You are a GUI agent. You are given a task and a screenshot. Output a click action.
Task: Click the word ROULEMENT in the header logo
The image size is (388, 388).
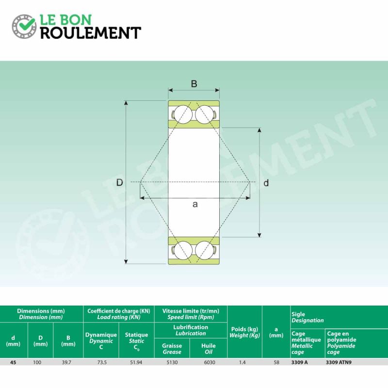click(90, 32)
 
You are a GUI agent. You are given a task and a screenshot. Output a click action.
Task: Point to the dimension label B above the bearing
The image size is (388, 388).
click(194, 84)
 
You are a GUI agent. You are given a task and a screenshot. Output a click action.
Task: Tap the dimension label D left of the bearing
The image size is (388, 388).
click(119, 182)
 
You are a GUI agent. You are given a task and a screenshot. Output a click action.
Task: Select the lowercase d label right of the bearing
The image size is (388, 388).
click(266, 183)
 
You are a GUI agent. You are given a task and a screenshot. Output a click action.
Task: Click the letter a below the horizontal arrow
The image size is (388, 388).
click(195, 204)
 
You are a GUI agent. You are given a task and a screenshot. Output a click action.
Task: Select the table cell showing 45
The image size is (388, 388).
click(13, 362)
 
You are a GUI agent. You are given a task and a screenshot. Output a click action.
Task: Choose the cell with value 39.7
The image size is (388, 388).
click(68, 362)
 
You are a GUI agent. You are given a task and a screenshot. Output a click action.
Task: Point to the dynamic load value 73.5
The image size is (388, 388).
click(101, 362)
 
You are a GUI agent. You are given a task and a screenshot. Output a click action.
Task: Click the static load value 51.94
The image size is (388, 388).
click(136, 362)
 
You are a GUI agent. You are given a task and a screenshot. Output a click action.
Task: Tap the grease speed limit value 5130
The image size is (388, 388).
click(172, 362)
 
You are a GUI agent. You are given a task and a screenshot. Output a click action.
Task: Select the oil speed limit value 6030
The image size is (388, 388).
click(209, 362)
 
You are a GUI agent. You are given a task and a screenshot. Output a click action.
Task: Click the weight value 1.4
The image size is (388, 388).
click(244, 362)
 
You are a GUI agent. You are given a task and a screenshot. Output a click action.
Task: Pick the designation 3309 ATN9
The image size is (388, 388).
click(339, 362)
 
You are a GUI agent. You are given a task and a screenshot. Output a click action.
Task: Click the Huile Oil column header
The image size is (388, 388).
click(209, 349)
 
